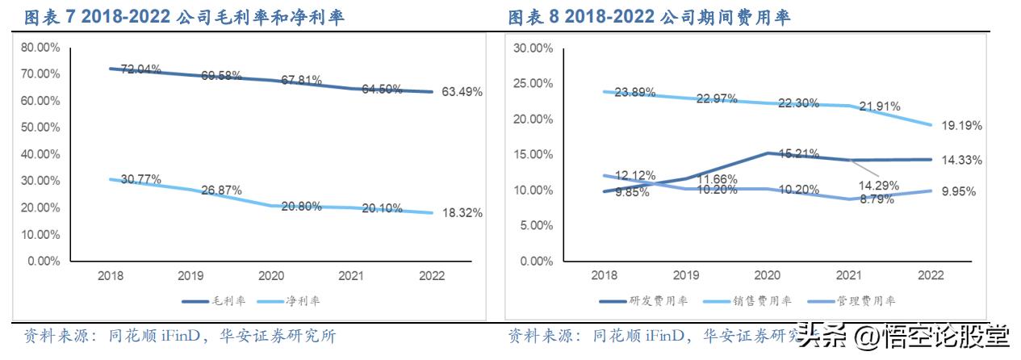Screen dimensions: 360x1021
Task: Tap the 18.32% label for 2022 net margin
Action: tap(462, 213)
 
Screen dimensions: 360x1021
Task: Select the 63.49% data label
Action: tap(462, 92)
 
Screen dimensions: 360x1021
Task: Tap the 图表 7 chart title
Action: tap(184, 17)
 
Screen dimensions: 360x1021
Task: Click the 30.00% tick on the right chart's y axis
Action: tap(533, 48)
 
